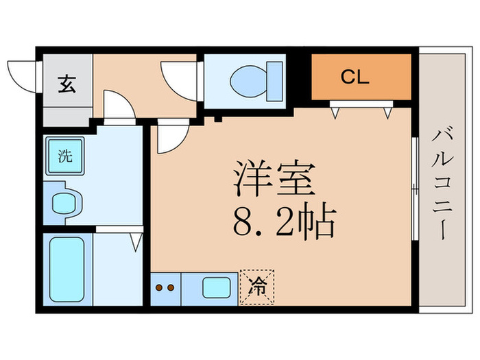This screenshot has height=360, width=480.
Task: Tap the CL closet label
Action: point(355,76)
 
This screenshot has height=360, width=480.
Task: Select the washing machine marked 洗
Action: point(63,156)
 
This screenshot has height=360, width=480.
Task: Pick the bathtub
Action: point(67,269)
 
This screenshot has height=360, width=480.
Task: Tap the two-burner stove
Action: point(165,288)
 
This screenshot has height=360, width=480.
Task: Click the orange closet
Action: point(361,77)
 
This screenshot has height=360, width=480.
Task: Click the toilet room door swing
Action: point(180,80)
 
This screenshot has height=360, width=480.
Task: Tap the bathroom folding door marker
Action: point(136,241)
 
